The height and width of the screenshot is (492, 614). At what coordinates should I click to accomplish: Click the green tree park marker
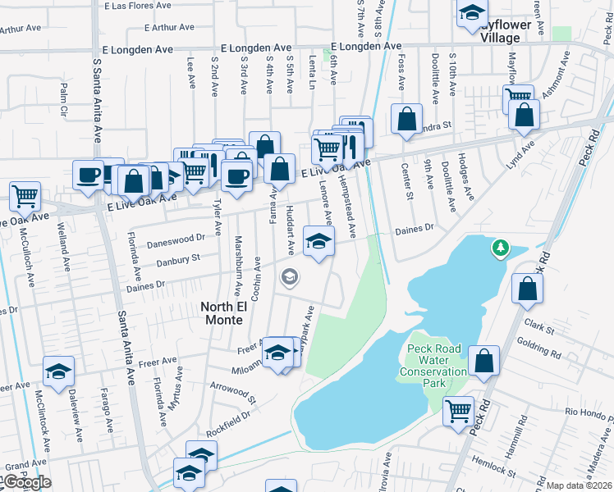499,247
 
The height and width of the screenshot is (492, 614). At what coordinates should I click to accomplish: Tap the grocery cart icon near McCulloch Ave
25,197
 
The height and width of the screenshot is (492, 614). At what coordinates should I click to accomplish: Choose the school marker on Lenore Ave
319,241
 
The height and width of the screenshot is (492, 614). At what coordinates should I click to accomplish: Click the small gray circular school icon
289,277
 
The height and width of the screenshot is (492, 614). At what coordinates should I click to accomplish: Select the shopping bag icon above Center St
406,119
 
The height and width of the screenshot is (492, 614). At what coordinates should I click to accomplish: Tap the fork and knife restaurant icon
351,146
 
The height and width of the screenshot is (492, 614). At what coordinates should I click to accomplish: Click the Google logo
26,483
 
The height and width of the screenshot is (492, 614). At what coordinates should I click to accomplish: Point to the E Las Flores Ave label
136,5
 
